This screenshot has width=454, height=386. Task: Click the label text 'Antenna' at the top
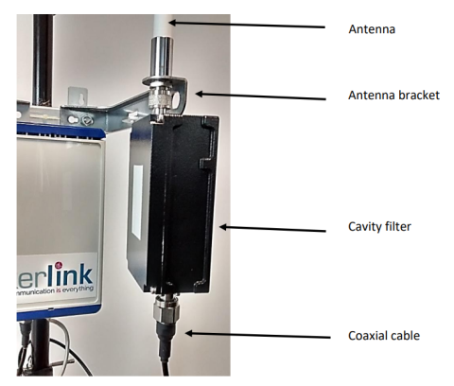tap(372, 29)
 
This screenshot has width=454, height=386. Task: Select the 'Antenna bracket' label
tap(393, 96)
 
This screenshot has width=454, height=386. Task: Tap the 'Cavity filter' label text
tap(379, 227)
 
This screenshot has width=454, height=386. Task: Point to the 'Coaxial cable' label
tap(384, 336)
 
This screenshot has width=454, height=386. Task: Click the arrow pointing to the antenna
tap(247, 25)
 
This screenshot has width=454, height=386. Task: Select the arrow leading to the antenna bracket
tap(260, 96)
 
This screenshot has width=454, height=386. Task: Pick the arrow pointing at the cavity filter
tap(272, 229)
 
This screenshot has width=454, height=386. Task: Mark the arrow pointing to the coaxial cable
tap(257, 336)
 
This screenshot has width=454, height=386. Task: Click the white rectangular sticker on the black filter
tap(137, 202)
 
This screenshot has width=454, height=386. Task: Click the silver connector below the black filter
tap(166, 310)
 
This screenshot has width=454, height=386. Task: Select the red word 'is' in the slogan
tap(58, 290)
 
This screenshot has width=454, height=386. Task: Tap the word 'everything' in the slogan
tap(78, 289)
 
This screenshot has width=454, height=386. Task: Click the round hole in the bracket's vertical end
tap(179, 97)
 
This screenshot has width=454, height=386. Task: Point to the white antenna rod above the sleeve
tap(164, 26)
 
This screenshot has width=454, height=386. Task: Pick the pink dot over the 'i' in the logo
tap(59, 267)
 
